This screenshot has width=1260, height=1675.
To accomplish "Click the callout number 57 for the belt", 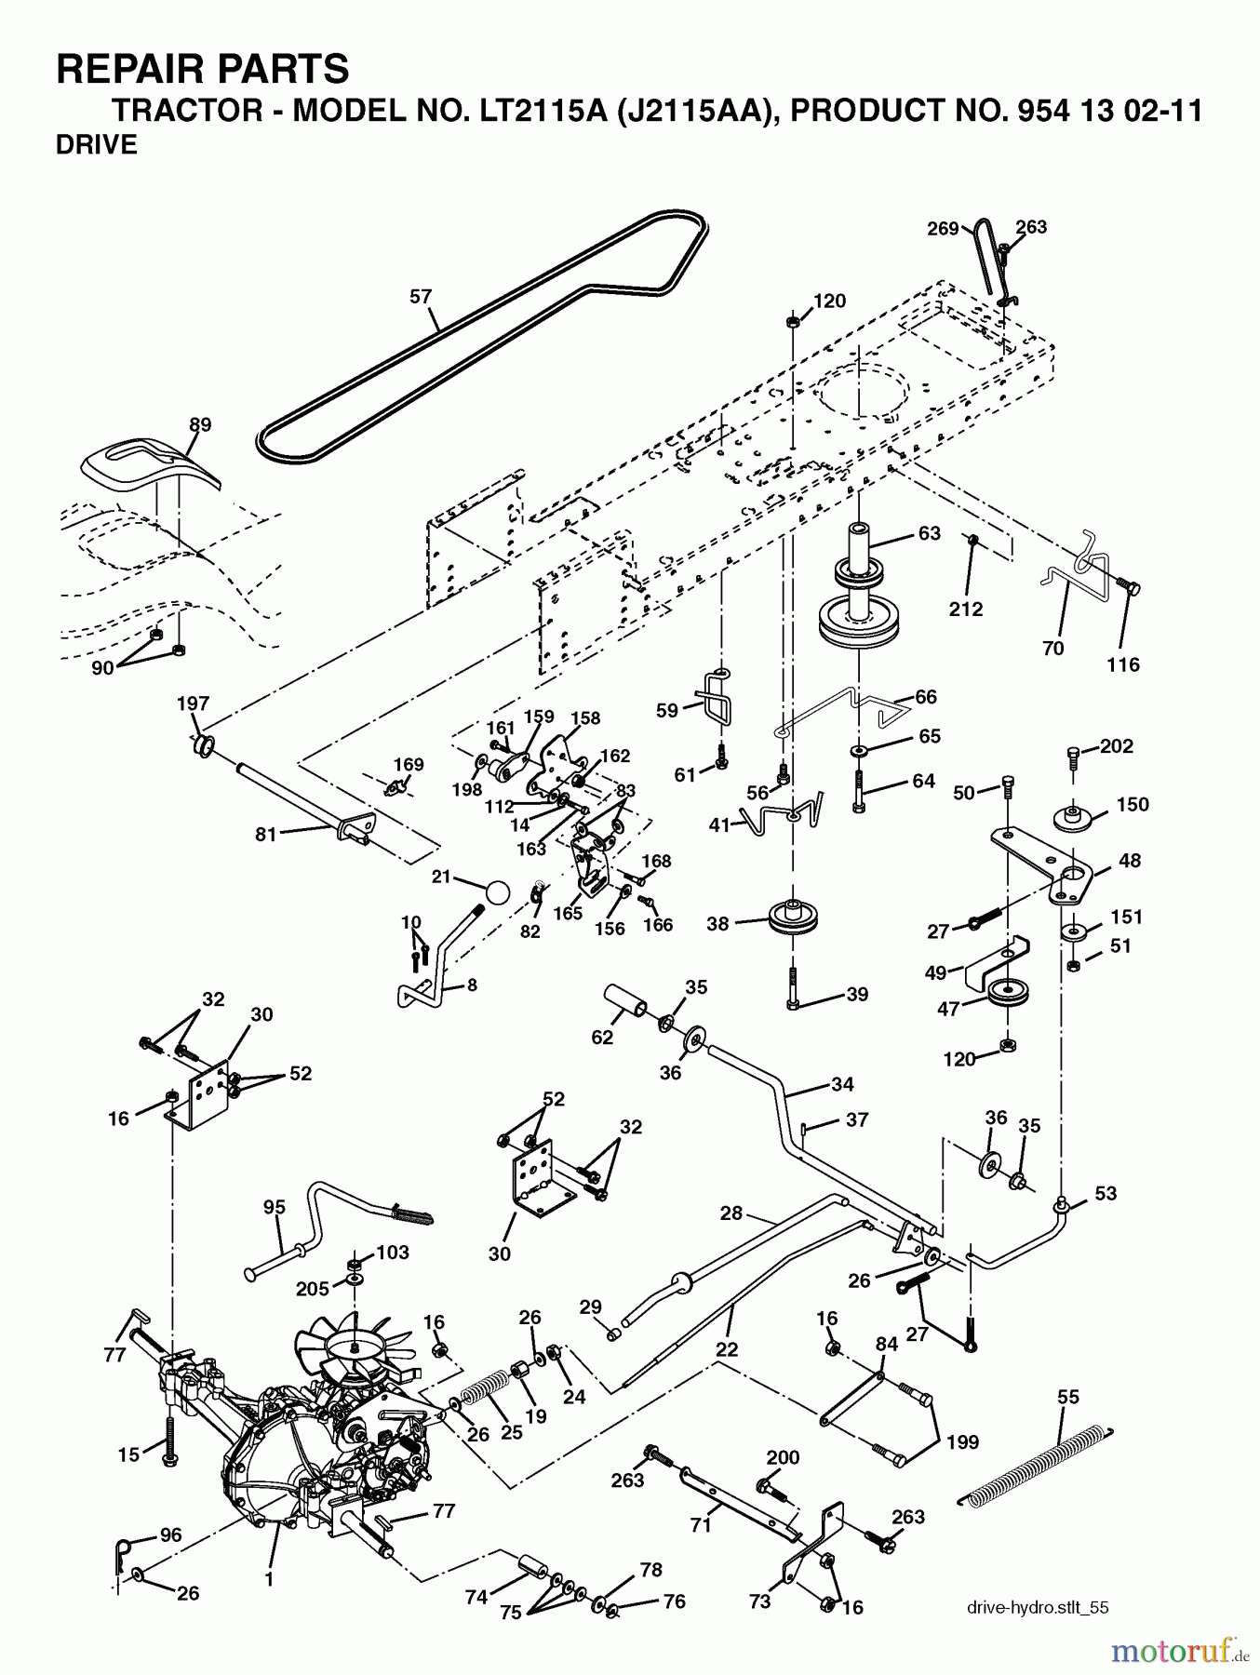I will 421,297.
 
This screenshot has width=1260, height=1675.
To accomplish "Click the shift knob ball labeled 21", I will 498,891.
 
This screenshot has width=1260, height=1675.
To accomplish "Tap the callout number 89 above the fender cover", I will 200,424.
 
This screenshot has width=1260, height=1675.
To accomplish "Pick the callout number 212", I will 966,610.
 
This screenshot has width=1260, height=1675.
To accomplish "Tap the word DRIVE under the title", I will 97,145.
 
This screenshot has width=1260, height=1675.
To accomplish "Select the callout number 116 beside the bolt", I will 1123,664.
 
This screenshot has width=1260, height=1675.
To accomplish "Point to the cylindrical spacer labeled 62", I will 627,1005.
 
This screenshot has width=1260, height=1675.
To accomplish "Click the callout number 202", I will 1117,745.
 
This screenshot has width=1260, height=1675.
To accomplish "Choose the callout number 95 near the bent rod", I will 274,1208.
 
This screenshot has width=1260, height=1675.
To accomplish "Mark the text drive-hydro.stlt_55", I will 1038,1607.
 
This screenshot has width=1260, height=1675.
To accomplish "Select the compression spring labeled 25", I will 487,1390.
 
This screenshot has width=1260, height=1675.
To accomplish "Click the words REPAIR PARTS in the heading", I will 203,70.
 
